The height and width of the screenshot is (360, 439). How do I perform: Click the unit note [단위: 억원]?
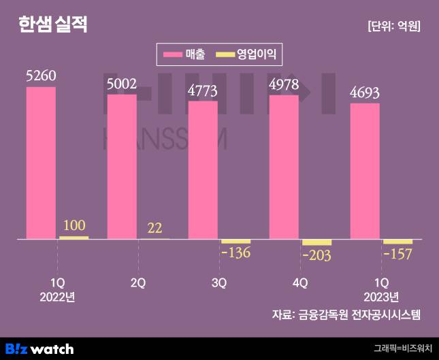coord(393,26)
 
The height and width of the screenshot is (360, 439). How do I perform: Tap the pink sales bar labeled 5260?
coord(41,163)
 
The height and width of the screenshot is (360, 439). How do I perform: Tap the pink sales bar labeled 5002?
coord(122,167)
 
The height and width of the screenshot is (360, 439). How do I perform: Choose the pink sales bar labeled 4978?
coord(284,167)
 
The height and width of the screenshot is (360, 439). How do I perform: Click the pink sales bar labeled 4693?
coord(365,171)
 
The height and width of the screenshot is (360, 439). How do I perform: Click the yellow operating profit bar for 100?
coord(74,238)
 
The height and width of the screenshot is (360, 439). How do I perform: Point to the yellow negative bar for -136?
coord(235,242)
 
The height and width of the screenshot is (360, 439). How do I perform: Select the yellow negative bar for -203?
coord(316,242)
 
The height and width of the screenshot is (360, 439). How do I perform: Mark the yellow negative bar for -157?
coord(397,242)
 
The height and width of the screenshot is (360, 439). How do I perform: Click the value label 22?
coord(155,227)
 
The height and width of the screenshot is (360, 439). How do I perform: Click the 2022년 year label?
coord(57,297)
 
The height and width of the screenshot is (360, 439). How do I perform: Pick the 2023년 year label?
coord(381,297)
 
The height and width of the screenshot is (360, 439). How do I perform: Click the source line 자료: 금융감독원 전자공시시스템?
coord(346,314)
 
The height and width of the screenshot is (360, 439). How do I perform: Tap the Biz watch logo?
coord(39,348)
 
